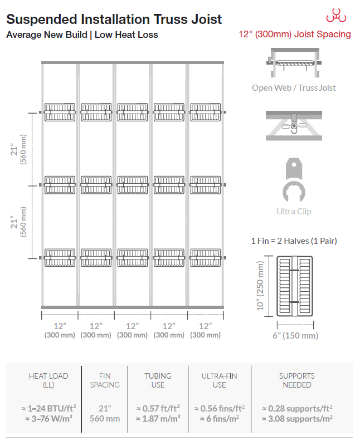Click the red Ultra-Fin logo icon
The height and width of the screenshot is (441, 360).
pos(336,16)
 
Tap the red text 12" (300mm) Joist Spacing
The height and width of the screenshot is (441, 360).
pos(295,35)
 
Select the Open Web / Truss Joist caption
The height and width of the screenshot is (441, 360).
pos(294,88)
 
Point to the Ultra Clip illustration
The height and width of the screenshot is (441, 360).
pos(294,180)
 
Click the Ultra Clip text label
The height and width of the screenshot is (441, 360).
pos(294,211)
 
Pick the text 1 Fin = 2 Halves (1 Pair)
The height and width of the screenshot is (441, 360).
pos(294,241)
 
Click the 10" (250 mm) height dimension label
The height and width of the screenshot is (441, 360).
pos(260,286)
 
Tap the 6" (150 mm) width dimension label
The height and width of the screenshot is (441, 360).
pos(295,336)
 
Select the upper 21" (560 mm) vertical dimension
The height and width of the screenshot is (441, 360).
pos(18,149)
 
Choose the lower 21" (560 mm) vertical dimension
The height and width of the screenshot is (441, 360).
pos(18,222)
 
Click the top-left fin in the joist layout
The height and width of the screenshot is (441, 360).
pos(60,112)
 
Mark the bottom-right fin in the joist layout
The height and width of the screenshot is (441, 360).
pos(206,258)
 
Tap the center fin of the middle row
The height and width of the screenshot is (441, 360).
pos(133,185)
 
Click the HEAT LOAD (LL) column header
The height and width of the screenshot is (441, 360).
pos(48,380)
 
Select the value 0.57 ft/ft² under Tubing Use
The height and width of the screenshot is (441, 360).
pos(158,408)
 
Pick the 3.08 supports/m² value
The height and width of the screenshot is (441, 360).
pos(297,419)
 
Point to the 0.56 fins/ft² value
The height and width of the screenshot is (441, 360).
pos(220,408)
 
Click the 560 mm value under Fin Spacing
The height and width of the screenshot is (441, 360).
pos(105,419)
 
